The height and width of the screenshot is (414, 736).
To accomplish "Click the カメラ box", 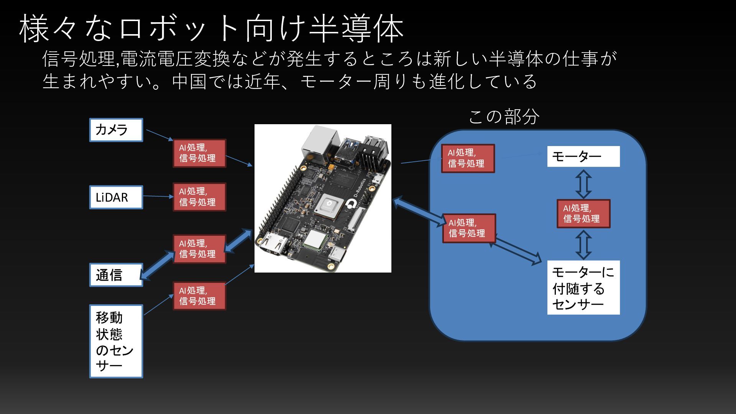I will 116,130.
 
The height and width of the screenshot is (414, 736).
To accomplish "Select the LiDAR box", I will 116,197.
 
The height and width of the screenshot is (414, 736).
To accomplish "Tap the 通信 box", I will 116,275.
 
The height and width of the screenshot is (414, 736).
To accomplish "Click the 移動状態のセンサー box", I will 116,341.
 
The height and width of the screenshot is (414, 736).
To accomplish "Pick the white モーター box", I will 583,156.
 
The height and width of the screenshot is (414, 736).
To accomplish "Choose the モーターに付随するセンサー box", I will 583,287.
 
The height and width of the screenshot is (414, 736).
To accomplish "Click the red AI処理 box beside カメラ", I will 199,153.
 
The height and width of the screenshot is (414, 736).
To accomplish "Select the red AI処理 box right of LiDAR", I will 199,197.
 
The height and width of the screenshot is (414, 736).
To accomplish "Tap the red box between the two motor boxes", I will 583,214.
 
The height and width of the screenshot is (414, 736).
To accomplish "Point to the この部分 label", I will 504,117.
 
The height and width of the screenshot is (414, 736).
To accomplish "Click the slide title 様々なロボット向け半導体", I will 211,29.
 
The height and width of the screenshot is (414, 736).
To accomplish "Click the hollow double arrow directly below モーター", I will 583,184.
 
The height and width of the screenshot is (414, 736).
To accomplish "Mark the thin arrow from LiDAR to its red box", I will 158,196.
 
